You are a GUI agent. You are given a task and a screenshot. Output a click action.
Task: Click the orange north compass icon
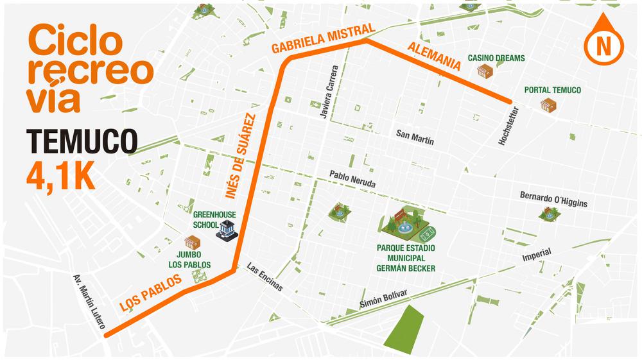(x=603, y=40)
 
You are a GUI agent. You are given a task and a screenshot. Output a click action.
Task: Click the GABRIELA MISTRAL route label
(x=322, y=39)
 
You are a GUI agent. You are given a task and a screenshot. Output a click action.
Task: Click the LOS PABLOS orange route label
(x=147, y=296)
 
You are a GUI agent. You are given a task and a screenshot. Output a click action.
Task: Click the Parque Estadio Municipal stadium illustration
(x=408, y=224)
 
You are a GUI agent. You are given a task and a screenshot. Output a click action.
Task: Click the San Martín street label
(x=415, y=135)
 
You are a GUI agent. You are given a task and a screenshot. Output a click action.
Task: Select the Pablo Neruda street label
(x=352, y=178)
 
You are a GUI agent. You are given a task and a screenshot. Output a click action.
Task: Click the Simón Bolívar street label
(x=384, y=297)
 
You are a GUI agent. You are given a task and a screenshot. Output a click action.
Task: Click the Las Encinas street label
(x=264, y=278)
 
